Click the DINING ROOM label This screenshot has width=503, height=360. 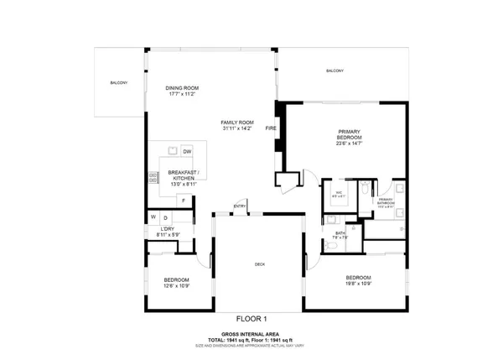181,88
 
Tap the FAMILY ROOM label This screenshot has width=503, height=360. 237,123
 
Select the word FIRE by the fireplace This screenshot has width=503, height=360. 271,128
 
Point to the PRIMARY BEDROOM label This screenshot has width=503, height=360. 349,135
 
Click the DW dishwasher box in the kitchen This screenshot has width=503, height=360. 187,151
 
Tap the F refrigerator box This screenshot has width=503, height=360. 183,200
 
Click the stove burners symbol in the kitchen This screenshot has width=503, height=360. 153,178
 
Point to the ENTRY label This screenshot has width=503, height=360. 240,206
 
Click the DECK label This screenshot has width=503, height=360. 260,264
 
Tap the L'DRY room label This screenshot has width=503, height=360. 167,230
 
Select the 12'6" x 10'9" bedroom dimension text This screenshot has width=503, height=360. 176,285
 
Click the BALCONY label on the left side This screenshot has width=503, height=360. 118,82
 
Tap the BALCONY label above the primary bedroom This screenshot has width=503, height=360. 334,70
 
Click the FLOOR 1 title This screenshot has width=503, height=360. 251,318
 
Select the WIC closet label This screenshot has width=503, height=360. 340,192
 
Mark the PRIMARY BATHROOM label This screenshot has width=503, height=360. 385,201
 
